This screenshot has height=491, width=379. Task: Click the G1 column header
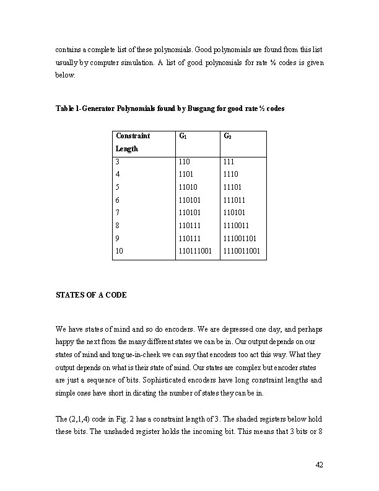182,136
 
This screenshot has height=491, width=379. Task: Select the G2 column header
227,136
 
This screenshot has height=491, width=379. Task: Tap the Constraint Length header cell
133,142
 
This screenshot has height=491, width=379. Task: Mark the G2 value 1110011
238,226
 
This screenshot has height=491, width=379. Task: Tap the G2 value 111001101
242,239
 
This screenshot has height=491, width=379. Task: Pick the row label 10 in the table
120,252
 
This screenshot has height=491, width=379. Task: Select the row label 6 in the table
118,200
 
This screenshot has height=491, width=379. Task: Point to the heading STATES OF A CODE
91,295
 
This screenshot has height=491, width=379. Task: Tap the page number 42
320,465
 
